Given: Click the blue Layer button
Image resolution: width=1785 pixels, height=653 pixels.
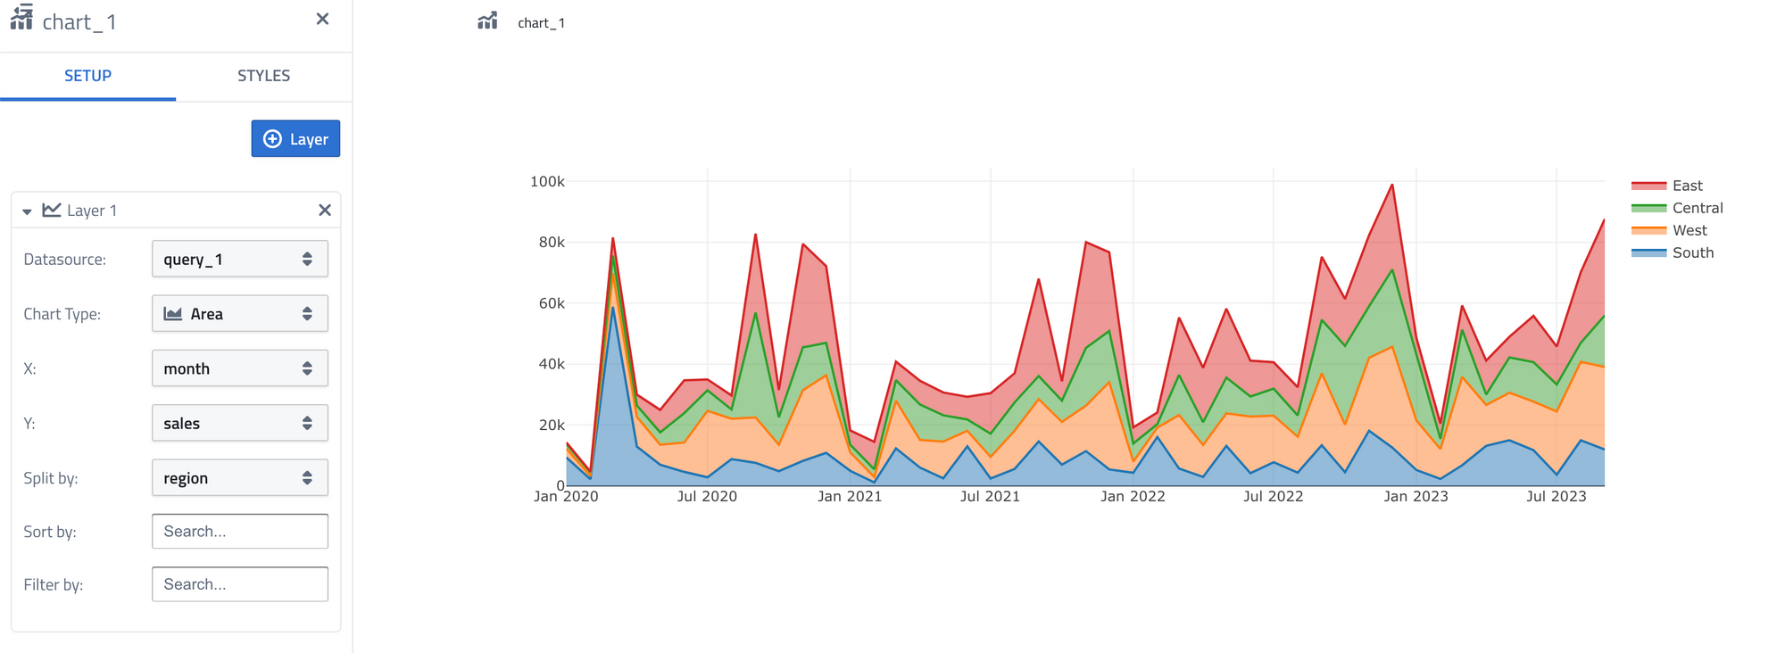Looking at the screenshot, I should [295, 139].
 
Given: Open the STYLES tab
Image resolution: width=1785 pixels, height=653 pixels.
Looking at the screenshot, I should [263, 76].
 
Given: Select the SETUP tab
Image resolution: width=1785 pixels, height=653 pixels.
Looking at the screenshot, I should [87, 76].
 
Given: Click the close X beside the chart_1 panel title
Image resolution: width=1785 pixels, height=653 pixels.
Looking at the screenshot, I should [322, 19].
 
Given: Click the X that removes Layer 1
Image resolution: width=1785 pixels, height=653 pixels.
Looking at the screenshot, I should [325, 211].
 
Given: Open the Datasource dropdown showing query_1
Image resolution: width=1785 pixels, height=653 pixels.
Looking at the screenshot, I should [239, 260].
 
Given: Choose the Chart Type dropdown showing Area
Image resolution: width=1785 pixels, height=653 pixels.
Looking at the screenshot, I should [239, 314].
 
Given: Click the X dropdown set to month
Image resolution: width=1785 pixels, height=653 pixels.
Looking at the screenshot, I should [239, 368].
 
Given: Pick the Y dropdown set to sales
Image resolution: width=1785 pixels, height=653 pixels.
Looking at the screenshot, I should [239, 423].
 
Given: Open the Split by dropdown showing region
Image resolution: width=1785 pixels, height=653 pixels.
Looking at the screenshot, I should [239, 478].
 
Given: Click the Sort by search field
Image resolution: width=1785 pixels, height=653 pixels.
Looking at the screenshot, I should [239, 532].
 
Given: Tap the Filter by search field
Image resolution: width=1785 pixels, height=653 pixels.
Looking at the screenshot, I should [239, 584].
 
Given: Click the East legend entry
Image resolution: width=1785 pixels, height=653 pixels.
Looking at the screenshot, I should [1687, 186].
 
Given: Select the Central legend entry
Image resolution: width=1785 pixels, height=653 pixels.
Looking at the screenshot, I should [1697, 208].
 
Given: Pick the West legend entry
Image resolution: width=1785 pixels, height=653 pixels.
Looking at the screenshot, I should [1689, 230].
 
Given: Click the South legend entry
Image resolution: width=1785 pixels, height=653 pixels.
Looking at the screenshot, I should [1692, 252].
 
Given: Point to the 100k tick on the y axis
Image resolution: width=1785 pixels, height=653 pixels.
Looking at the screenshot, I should [547, 182].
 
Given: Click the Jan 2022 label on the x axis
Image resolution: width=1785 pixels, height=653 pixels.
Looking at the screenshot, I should [1133, 497].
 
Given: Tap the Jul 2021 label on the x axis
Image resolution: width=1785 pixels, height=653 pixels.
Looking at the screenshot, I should [990, 497].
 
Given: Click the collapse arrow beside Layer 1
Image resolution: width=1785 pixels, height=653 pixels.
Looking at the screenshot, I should [27, 211].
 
